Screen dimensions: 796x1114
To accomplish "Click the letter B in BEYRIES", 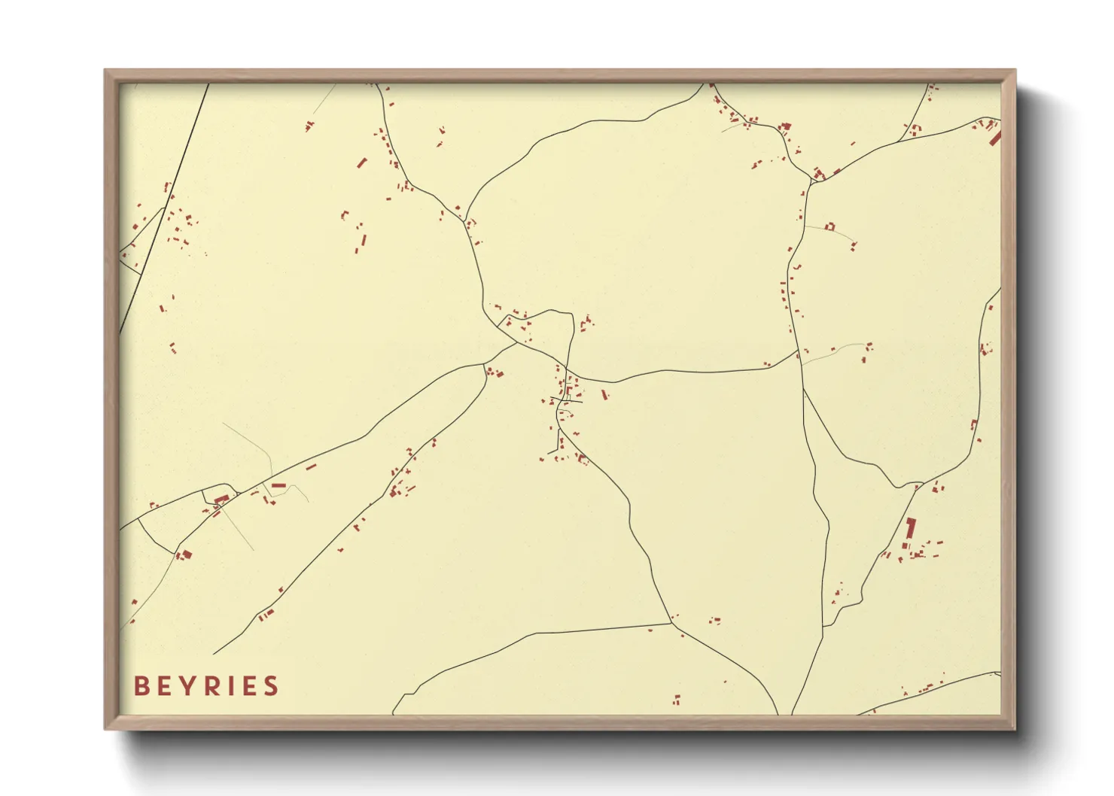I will [141, 686].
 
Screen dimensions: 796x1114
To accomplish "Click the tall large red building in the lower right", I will [910, 528].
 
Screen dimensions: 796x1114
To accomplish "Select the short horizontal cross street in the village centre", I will [567, 400].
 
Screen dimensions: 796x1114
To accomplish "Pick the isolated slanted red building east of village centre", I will [604, 394].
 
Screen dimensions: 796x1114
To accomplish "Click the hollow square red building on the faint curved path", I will [830, 225].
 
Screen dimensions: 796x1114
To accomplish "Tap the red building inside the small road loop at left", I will [221, 499].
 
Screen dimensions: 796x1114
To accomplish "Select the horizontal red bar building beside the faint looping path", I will [278, 486].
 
